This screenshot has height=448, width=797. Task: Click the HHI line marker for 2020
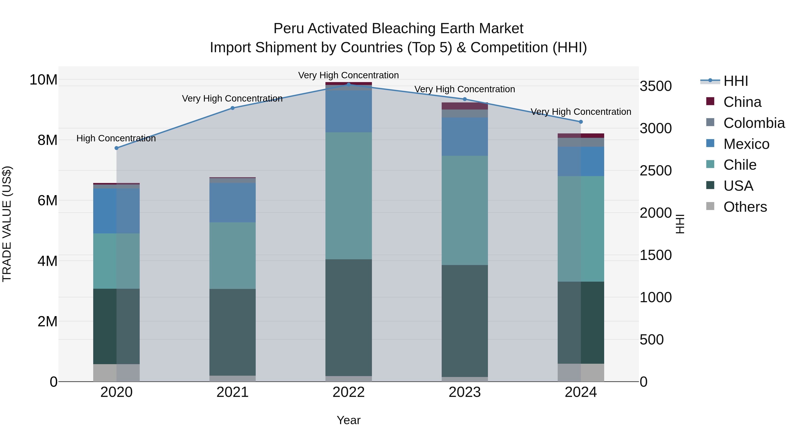(x=116, y=148)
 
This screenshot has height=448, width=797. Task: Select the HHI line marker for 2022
(x=349, y=85)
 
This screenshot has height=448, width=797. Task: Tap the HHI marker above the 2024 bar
(x=581, y=122)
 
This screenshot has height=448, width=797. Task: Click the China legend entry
(x=742, y=102)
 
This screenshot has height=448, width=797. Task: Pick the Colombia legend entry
(x=754, y=123)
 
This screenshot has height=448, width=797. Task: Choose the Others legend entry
(x=745, y=207)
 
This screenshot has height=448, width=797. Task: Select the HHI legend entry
(x=735, y=81)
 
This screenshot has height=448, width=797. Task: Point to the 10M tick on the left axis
(x=43, y=80)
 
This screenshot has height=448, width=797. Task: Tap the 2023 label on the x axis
(x=465, y=392)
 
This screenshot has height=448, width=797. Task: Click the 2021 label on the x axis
(x=232, y=392)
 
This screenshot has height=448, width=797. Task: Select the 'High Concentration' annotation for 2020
(x=116, y=138)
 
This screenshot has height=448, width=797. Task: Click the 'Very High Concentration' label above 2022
(x=348, y=75)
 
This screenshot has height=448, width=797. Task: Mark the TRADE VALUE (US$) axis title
(x=7, y=224)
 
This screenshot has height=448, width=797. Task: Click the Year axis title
(x=349, y=420)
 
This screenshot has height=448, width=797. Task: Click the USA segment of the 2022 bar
(x=349, y=317)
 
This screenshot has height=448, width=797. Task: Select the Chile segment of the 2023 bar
(x=465, y=210)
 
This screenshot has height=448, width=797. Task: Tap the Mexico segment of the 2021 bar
(x=232, y=202)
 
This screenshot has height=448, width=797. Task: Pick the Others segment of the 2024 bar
(x=581, y=373)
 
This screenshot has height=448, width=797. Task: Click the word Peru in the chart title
(x=288, y=29)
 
